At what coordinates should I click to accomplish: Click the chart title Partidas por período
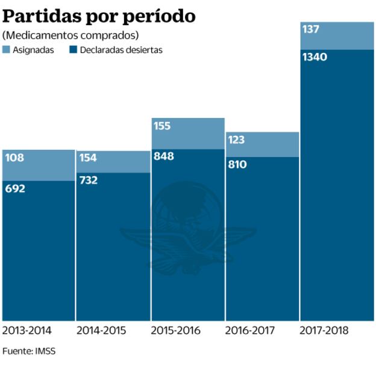tap(99, 16)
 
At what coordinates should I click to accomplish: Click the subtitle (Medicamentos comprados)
tap(70, 35)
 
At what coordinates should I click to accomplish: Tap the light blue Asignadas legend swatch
tap(7, 50)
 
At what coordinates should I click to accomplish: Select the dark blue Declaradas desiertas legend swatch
tap(74, 50)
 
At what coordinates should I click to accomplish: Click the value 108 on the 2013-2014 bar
tap(14, 158)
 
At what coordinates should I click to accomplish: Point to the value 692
tap(16, 188)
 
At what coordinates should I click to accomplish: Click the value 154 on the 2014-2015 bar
tap(88, 158)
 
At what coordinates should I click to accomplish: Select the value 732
tap(89, 180)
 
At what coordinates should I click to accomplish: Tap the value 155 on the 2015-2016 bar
tap(162, 126)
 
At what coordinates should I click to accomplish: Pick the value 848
tap(163, 156)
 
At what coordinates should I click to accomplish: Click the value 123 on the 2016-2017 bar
tap(236, 140)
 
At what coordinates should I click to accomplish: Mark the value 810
tap(237, 164)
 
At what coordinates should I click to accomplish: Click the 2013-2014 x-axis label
tap(27, 330)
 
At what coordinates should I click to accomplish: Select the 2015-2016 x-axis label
tap(175, 330)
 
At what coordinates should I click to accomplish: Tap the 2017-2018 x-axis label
tap(324, 330)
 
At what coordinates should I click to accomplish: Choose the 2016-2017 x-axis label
tap(249, 330)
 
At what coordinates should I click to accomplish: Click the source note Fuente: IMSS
tap(29, 351)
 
